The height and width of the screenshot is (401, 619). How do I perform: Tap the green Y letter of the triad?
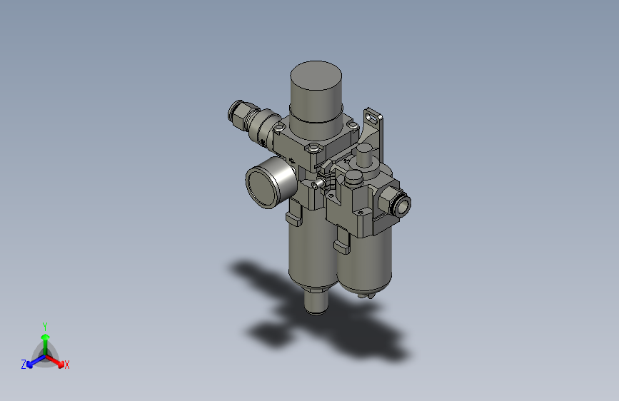(45, 325)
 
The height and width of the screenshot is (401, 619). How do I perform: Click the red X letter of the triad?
(67, 365)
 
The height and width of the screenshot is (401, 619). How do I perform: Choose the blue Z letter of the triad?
(24, 365)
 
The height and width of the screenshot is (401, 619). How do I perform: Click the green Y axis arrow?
(45, 340)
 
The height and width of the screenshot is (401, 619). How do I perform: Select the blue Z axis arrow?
(33, 361)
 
